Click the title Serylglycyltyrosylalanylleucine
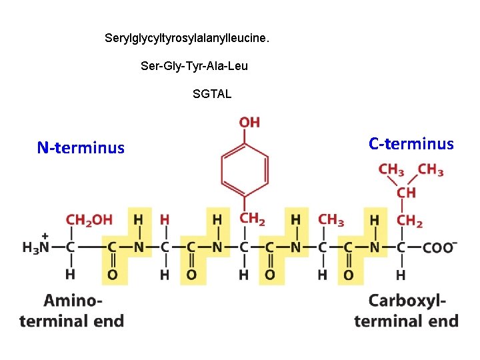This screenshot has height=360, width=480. [x=187, y=38]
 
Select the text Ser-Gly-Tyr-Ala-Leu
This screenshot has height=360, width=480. [x=194, y=66]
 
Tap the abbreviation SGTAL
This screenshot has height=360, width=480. [x=212, y=94]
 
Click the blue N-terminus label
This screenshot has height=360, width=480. [x=81, y=148]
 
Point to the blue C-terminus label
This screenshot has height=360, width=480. [x=411, y=144]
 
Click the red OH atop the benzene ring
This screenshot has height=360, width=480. [x=249, y=122]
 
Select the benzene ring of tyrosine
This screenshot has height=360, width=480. [x=245, y=170]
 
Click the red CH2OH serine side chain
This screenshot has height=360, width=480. [x=89, y=219]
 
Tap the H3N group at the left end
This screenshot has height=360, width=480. [x=37, y=247]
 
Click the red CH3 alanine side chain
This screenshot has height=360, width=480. [x=331, y=219]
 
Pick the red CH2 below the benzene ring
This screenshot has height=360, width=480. [x=253, y=219]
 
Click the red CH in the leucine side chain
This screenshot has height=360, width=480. [x=406, y=193]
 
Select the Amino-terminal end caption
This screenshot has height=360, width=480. [x=72, y=311]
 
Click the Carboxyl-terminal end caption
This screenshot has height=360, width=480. [x=406, y=311]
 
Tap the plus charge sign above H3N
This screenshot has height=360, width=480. [x=45, y=235]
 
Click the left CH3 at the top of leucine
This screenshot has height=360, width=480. [x=391, y=170]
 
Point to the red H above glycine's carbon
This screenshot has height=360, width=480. [x=165, y=219]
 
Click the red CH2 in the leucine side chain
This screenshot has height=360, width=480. [x=410, y=219]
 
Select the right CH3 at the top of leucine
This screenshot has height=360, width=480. [x=431, y=170]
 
